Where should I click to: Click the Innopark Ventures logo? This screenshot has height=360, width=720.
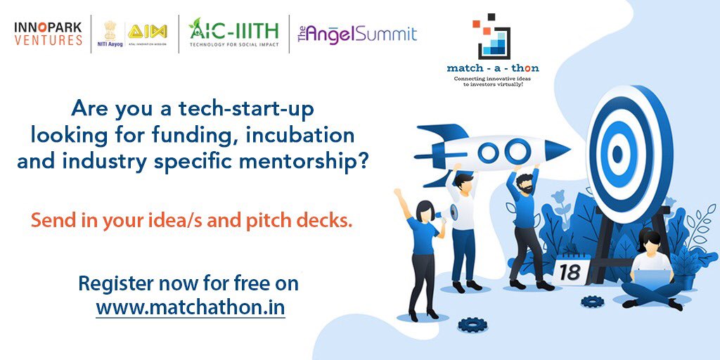click(49, 33)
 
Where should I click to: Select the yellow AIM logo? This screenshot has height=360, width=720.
click(147, 32)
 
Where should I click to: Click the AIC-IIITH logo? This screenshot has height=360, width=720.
click(233, 32)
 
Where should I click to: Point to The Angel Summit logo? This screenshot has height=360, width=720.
click(357, 34)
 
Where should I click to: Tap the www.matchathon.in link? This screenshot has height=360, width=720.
click(191, 307)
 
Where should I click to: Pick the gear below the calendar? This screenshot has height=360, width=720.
click(592, 302)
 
